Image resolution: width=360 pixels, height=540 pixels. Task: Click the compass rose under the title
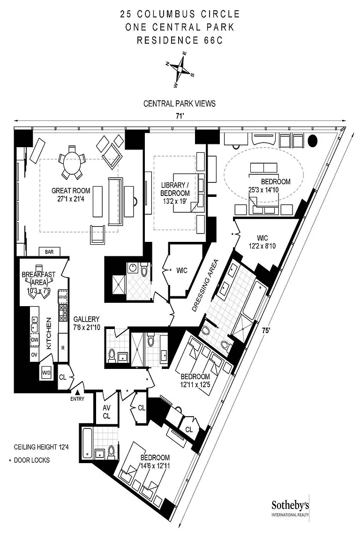point(180,69)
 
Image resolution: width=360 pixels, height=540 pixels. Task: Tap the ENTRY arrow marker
point(78,392)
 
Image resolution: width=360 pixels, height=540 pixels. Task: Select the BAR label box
point(49,252)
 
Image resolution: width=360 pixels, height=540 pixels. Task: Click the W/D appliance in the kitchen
point(46,372)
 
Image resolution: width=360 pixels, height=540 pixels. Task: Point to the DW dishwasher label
point(34,340)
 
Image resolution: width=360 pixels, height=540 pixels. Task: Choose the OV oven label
point(34,354)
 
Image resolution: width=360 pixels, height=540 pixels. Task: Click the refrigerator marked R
point(63,348)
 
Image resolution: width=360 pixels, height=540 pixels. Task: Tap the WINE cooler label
point(62,297)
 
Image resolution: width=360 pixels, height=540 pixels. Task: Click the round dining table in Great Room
point(72,161)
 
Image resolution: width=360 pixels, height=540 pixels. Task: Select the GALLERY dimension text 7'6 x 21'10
point(86,327)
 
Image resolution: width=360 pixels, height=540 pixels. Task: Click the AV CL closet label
point(106,412)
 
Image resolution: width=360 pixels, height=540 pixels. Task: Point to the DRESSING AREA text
point(205,286)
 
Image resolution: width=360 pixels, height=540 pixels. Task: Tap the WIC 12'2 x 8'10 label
point(262,242)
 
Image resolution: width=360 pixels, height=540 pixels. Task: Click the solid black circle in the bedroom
point(312,140)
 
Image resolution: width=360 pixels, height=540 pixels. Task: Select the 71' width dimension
point(179,116)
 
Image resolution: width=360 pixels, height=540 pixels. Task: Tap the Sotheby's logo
point(290,508)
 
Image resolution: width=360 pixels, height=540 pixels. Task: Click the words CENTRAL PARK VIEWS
point(180,104)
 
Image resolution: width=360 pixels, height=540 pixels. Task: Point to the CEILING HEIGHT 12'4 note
point(41,447)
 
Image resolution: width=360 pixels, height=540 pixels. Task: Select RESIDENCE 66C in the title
point(180,40)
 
